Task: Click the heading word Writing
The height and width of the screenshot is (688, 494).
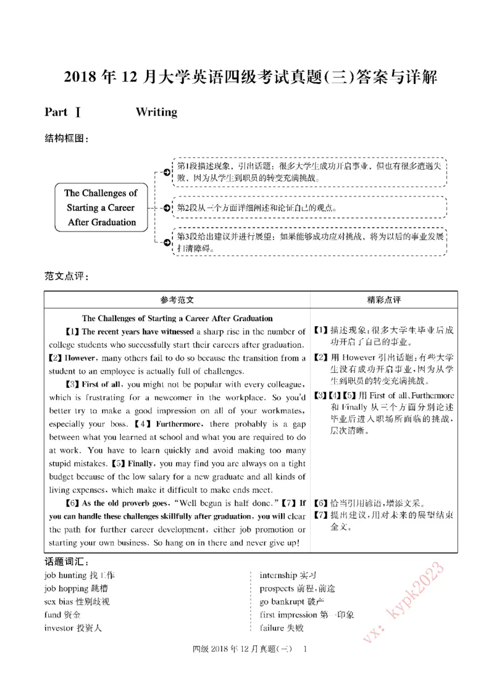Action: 156,112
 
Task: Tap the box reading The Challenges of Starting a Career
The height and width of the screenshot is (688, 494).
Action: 101,208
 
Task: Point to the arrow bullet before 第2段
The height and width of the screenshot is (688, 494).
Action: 167,208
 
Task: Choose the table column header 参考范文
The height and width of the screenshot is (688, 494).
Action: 177,300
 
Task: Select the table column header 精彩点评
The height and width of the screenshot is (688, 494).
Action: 383,300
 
